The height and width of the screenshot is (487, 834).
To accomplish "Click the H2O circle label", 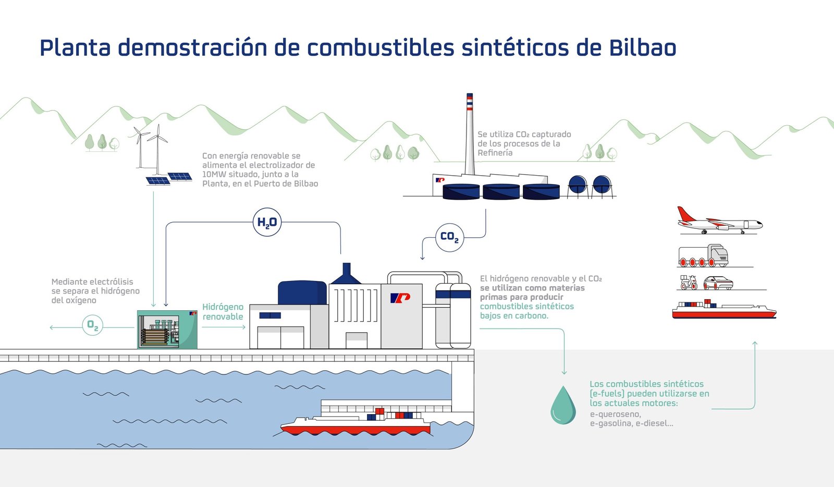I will (267, 222).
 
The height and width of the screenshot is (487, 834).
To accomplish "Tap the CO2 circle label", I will (449, 237).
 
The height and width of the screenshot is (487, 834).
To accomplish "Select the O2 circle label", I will (93, 325).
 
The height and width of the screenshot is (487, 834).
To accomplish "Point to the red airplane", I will (719, 222).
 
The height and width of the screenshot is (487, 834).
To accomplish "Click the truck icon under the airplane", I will (703, 255).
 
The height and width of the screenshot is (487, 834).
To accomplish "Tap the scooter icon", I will (689, 283).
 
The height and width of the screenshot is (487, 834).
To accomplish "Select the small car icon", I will (718, 283).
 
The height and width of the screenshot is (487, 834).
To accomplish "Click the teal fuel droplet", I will (563, 405).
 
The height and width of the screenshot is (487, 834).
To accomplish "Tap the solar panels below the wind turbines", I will (169, 178).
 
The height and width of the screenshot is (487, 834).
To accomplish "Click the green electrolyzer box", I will (167, 330).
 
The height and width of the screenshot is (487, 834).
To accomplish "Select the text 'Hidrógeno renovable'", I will (223, 312).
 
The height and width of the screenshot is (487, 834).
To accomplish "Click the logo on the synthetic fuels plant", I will (400, 298).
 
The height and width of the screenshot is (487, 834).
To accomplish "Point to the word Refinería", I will (495, 153).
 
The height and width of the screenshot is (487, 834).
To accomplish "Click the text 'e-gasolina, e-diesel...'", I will (631, 423).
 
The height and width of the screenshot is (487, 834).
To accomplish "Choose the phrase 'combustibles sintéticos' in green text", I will (526, 307).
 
